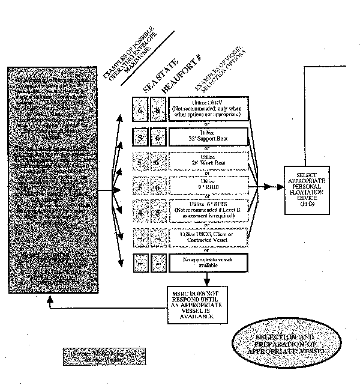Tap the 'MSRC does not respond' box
tap(198, 304)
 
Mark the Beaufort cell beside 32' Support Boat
tap(158, 137)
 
